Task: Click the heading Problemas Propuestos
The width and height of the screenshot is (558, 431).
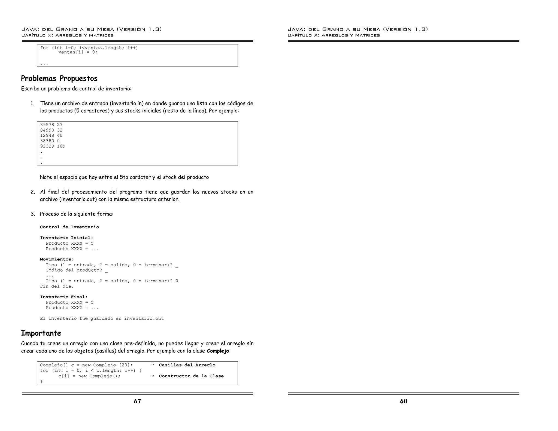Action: [59, 78]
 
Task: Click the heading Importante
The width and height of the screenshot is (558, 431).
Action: [41, 333]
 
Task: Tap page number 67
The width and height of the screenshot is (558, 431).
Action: [137, 401]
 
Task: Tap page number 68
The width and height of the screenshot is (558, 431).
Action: [404, 401]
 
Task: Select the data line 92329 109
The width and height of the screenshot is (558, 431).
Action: [53, 146]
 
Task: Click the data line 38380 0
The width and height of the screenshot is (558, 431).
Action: [50, 141]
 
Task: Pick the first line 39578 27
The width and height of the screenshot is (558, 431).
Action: [51, 125]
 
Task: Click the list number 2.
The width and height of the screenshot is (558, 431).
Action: [33, 192]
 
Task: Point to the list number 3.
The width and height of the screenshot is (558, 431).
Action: [33, 214]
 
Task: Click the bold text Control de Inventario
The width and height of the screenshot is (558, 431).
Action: [69, 227]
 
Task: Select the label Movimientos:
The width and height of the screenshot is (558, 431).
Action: [57, 259]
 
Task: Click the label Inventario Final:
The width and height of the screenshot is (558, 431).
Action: [64, 297]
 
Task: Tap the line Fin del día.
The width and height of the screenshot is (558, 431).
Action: [57, 286]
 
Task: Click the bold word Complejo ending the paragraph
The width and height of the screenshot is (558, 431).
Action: [218, 351]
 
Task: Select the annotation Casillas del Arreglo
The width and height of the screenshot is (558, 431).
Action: [187, 365]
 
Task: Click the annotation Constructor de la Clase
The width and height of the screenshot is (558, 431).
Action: [191, 376]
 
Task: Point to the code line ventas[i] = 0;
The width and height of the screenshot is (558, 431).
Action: [78, 52]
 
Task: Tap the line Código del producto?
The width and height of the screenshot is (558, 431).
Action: [74, 270]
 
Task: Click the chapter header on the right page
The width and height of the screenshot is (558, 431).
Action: [333, 35]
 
